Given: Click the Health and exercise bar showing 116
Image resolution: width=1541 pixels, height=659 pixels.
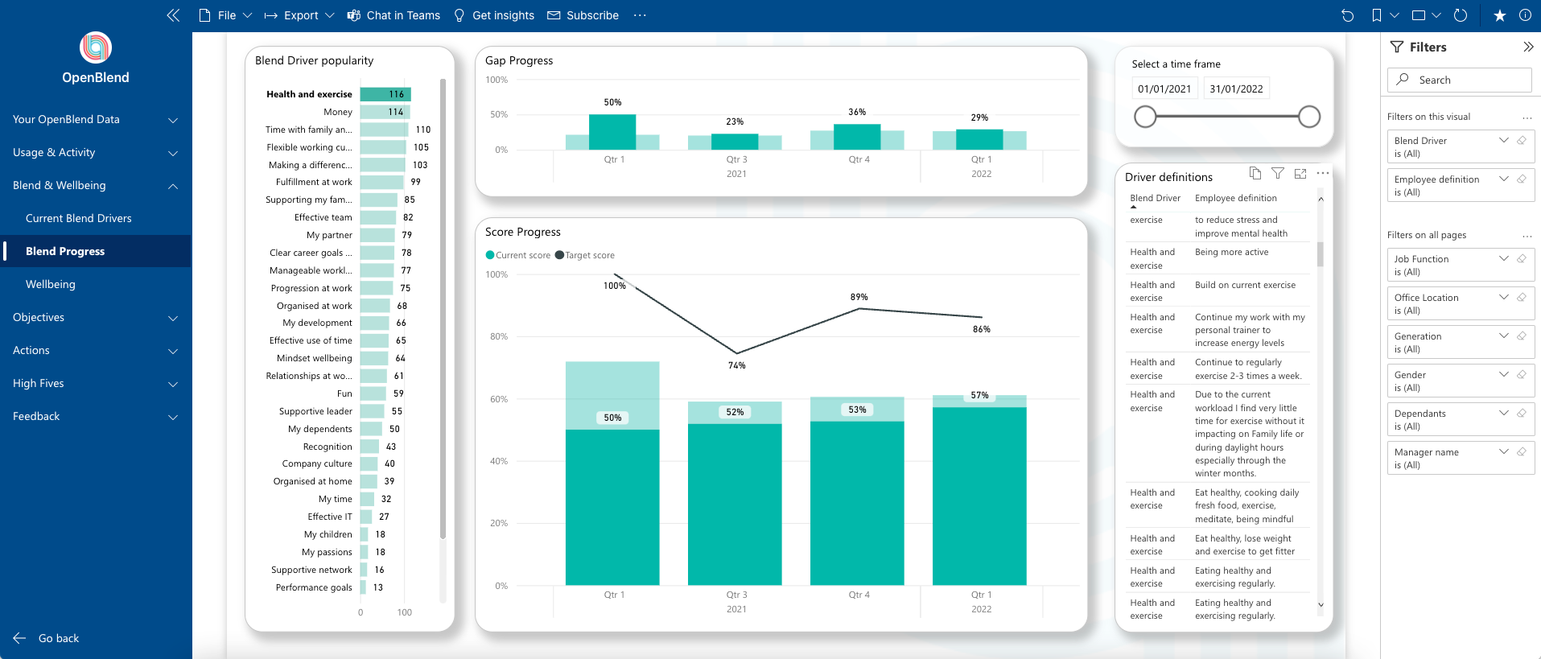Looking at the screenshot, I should click(385, 94).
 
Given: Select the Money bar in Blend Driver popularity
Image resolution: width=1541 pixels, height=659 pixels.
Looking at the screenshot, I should click(385, 112).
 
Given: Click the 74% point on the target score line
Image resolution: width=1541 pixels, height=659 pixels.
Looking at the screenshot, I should click(736, 353).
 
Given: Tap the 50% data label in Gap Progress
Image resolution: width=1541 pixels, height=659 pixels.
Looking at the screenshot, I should click(612, 102).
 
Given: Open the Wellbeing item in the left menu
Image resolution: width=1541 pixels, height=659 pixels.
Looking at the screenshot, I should click(51, 284).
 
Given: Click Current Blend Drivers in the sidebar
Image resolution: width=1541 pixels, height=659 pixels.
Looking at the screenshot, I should click(79, 218).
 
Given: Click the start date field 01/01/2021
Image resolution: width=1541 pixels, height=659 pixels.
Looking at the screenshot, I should click(1164, 89).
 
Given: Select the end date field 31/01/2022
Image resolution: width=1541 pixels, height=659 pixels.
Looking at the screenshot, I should click(1237, 89).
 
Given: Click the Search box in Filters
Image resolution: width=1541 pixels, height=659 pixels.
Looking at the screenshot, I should click(1461, 80).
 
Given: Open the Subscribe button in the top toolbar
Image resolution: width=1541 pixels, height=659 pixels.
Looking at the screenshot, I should click(583, 15).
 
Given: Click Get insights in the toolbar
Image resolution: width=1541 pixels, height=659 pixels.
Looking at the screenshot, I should click(494, 15).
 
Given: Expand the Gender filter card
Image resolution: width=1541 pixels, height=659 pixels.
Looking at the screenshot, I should click(1503, 374).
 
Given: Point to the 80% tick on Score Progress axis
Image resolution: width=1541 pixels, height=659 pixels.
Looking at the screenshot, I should click(499, 336).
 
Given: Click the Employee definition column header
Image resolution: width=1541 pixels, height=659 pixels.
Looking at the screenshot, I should click(1235, 198).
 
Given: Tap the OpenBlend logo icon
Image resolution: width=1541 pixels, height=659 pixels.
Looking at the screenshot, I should click(96, 47).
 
